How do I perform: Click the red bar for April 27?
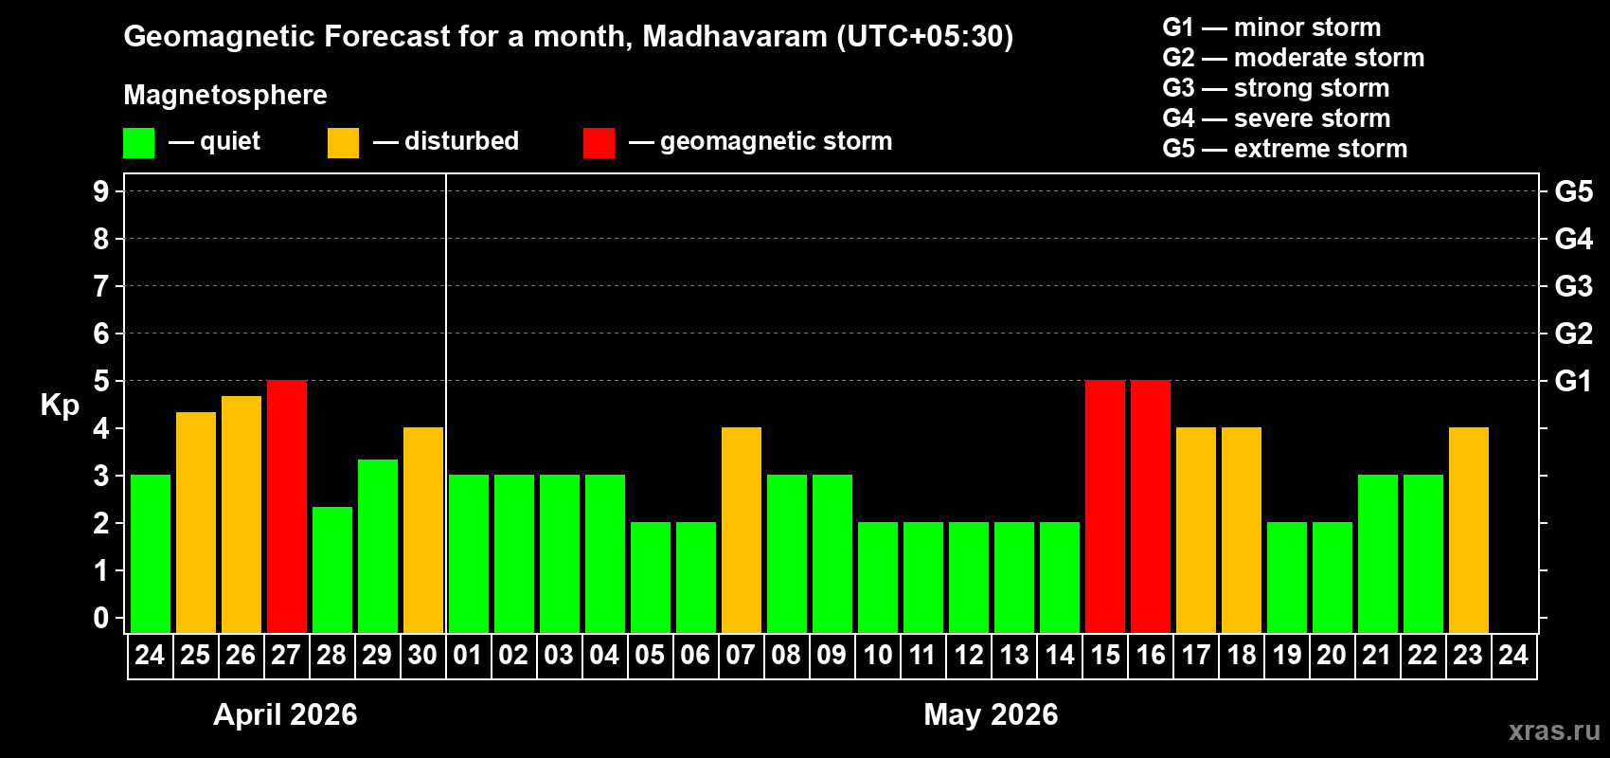(287, 506)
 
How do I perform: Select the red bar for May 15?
(1105, 506)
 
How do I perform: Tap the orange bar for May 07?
(742, 530)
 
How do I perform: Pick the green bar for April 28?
(332, 569)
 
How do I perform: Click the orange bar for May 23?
(1469, 530)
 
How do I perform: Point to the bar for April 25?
(196, 522)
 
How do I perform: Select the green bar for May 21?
(1378, 553)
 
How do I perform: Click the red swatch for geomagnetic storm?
(599, 143)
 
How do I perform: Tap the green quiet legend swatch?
(139, 143)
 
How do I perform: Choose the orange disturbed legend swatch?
(343, 143)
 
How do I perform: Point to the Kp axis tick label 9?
(100, 191)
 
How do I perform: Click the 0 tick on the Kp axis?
(100, 618)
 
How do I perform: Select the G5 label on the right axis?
(1573, 191)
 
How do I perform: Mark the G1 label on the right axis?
(1573, 381)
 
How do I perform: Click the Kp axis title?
(60, 405)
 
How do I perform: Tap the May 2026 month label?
(991, 714)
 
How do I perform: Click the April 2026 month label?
(285, 714)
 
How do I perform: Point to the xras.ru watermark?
(1554, 731)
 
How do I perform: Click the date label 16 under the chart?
(1151, 655)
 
